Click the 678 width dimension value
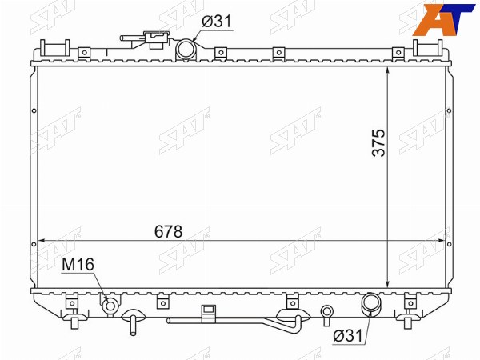[x=168, y=231]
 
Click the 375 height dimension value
[x=378, y=143]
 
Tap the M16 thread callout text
[x=78, y=264]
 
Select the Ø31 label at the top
[x=217, y=22]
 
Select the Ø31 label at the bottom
[x=347, y=336]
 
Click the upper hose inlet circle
[x=186, y=49]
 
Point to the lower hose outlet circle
[x=371, y=302]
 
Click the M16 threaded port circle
[x=110, y=306]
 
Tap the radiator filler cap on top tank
[x=157, y=39]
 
